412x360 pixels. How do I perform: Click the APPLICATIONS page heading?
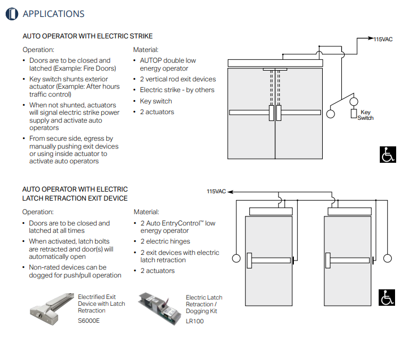click(53, 14)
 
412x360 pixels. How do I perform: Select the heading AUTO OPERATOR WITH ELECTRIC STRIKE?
click(87, 36)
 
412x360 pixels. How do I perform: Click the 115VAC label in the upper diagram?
click(382, 39)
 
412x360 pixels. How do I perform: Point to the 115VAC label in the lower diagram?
click(216, 192)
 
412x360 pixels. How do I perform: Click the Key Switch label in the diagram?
click(366, 115)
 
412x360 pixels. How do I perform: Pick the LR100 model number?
click(194, 321)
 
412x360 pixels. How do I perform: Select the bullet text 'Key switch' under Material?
click(156, 101)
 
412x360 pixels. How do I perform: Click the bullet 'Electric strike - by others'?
click(177, 90)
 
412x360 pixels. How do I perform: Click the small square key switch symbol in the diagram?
click(354, 114)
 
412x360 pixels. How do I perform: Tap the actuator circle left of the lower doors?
click(235, 259)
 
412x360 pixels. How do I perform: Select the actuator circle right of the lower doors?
click(388, 259)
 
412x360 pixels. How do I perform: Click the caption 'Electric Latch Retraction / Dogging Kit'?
click(203, 304)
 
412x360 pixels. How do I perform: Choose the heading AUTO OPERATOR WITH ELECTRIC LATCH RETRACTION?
click(75, 194)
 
